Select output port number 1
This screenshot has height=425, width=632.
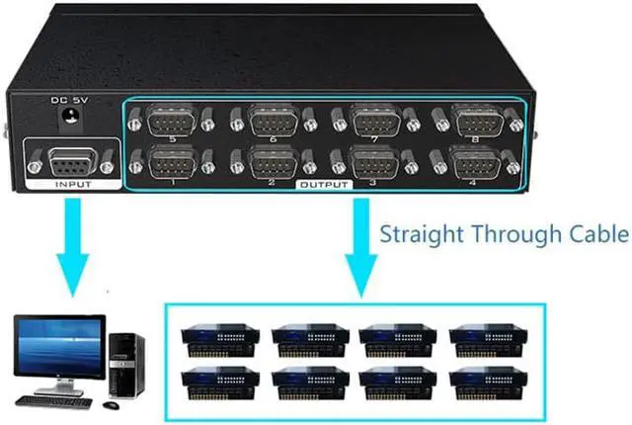point(172,160)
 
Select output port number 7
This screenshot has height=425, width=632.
point(376,122)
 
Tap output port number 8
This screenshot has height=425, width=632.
point(477,122)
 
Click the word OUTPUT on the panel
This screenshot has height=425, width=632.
point(323,185)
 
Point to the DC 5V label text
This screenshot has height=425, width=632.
point(69,100)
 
